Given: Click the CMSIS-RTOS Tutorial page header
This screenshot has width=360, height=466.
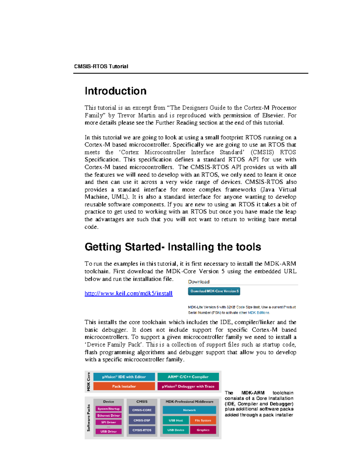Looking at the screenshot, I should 101,66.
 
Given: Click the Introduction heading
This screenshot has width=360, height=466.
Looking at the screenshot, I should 115,91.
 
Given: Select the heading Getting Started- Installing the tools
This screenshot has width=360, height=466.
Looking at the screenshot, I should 173,247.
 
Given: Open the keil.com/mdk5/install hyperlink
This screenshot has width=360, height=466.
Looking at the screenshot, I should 128,293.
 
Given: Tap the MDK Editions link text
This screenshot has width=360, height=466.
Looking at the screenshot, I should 259,312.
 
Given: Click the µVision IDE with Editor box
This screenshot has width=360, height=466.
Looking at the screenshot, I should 124,377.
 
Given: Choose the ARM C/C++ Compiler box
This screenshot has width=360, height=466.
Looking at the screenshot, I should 188,377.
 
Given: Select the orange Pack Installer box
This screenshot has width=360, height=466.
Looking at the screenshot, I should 124,386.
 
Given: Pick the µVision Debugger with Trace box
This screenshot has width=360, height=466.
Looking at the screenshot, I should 188,386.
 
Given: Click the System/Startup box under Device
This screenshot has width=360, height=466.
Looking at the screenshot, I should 109,409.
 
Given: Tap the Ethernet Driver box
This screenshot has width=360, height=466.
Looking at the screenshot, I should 109,416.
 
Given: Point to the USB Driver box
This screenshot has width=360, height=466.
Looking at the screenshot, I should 109,431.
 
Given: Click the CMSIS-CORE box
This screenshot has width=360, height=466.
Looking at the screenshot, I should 142,410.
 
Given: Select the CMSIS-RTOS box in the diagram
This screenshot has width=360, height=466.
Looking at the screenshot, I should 142,430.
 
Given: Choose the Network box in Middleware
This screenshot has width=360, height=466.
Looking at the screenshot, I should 189,410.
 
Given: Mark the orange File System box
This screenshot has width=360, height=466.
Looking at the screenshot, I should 203,420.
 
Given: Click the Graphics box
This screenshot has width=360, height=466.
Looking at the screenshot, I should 203,430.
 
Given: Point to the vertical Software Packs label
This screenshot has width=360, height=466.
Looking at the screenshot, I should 88,418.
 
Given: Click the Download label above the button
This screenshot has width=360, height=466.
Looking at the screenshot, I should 199,282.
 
